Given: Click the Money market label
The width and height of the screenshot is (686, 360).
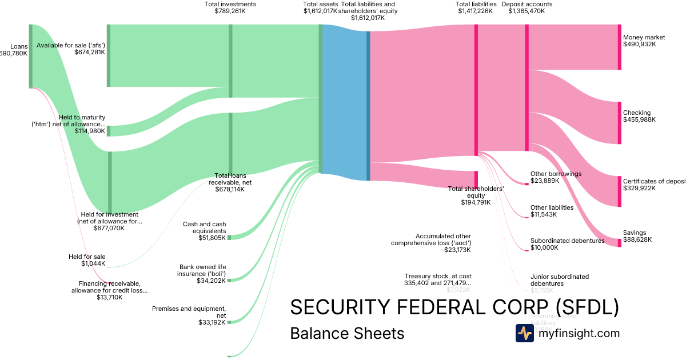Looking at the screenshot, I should [x=644, y=37].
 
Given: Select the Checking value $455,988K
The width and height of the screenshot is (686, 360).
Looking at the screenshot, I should [x=639, y=120].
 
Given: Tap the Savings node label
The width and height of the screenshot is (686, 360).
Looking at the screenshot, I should [x=635, y=233].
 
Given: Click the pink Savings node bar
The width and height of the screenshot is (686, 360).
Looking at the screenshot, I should [x=619, y=243].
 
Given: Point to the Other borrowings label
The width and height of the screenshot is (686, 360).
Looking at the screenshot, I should [x=556, y=174].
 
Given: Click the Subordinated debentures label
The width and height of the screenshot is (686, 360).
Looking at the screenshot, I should [x=567, y=241].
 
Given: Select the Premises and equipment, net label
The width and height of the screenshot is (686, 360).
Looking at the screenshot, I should [x=189, y=312].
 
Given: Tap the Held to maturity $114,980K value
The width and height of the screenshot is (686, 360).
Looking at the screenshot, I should [x=90, y=131].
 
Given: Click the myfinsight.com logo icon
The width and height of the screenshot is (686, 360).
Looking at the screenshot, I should [x=524, y=333].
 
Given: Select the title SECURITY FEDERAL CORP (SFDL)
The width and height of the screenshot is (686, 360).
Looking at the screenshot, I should [x=454, y=307].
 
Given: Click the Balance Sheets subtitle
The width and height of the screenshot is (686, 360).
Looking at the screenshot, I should [x=347, y=333].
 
